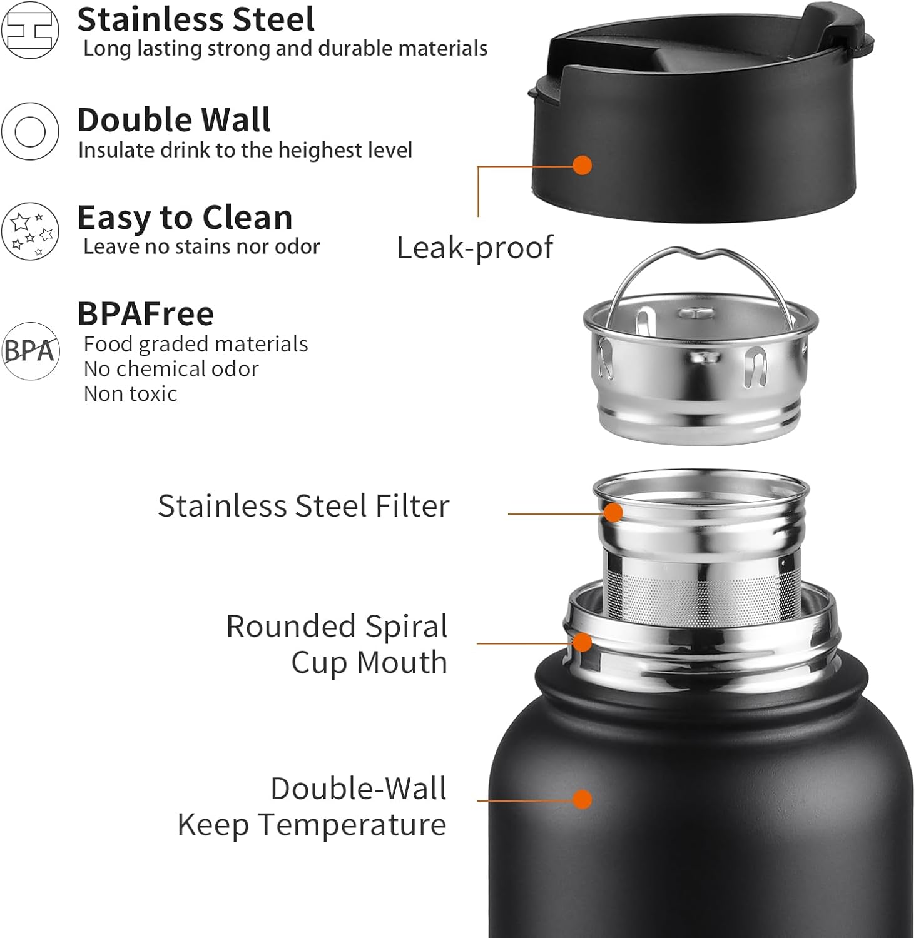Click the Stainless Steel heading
coord(196,19)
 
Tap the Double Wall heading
coord(174,119)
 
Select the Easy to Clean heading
coord(185,218)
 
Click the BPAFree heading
coord(145,314)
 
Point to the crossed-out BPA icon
coord(30,351)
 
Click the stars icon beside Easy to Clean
coord(30,231)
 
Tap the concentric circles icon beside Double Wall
coord(30,131)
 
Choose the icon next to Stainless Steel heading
coord(30,29)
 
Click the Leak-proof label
coord(475,248)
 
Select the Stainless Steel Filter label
coord(303,505)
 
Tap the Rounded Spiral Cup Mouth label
coord(337,644)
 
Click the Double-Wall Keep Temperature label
coord(312,807)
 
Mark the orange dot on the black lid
coord(583,166)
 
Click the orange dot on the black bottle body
coord(583,799)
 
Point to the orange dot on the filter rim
coord(614,513)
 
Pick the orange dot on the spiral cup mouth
coord(583,642)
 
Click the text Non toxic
coord(130,394)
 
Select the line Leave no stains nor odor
coord(201,247)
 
